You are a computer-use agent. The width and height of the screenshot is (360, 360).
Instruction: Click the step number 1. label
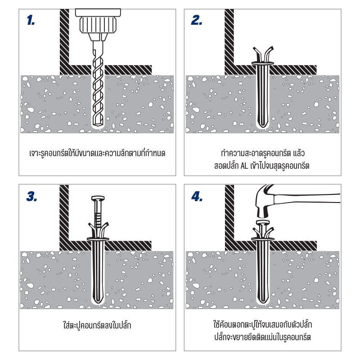point(31,20)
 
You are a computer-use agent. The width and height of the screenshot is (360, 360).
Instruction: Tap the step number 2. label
point(197,20)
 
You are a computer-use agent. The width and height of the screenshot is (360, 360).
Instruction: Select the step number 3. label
point(31,196)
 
